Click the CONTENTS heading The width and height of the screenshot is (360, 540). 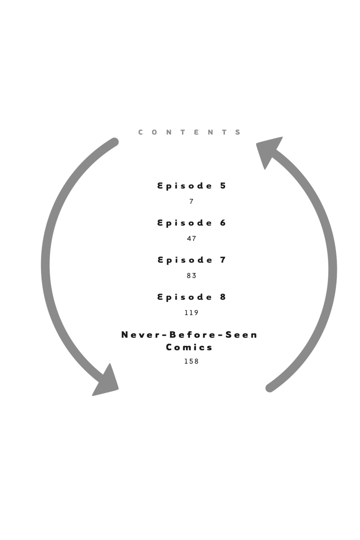pos(189,132)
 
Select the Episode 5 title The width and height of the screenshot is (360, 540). pos(192,186)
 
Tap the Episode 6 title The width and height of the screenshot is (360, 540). pos(192,223)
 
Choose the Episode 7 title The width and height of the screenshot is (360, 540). pos(192,260)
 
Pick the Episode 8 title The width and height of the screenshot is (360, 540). pos(192,297)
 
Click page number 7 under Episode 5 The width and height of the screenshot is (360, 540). pos(192,202)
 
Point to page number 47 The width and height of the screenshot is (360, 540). pos(192,239)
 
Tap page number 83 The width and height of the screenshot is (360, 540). pos(192,276)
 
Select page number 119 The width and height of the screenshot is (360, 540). pos(192,313)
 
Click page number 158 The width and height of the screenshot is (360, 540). pos(192,362)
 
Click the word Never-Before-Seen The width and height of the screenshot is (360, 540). pos(189,335)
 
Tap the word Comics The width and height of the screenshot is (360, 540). pos(189,347)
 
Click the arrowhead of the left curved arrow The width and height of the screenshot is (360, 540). pos(106,382)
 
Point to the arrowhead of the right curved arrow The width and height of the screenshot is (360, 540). pos(268,150)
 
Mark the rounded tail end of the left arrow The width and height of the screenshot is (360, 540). pos(114,142)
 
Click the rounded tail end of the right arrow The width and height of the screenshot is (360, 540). pos(270,388)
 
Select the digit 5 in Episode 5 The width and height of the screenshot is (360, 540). pos(223,186)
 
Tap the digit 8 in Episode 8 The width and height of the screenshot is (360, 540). pos(223,297)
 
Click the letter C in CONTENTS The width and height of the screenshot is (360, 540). pos(140,132)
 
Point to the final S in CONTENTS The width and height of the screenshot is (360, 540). pos(238,132)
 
